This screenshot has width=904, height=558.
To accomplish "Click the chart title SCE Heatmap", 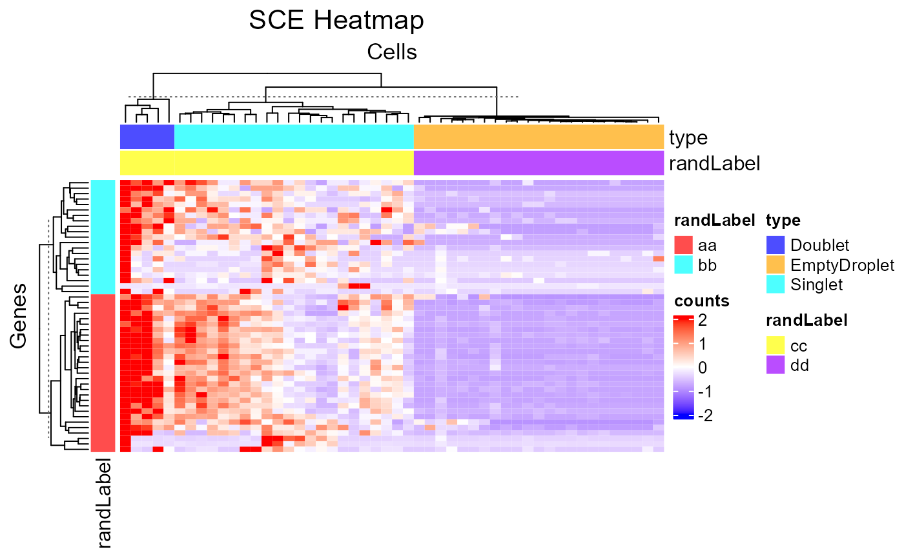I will pyautogui.click(x=336, y=21).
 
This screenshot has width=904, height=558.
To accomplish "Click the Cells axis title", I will pyautogui.click(x=392, y=52).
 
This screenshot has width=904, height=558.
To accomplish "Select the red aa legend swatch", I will pyautogui.click(x=683, y=245).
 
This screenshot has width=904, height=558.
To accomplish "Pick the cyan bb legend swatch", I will pyautogui.click(x=683, y=264).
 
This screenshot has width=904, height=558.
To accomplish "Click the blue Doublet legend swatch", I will pyautogui.click(x=776, y=245).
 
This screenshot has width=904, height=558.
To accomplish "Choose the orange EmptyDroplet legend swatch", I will pyautogui.click(x=776, y=264).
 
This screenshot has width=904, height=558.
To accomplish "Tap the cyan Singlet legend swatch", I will pyautogui.click(x=776, y=284).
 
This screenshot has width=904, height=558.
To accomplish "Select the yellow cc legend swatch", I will pyautogui.click(x=776, y=345).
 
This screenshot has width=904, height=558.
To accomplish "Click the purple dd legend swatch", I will pyautogui.click(x=776, y=365).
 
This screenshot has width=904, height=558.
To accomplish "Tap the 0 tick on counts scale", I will pyautogui.click(x=701, y=368).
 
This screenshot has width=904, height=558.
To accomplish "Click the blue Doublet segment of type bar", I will pyautogui.click(x=147, y=137).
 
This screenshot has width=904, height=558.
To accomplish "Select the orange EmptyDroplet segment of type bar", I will pyautogui.click(x=539, y=137).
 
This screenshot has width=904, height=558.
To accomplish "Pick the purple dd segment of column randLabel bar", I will pyautogui.click(x=539, y=163).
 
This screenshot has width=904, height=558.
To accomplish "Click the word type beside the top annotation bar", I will pyautogui.click(x=688, y=137).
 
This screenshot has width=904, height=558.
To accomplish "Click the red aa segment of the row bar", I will pyautogui.click(x=103, y=372).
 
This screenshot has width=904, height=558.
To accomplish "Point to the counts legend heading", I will pyautogui.click(x=701, y=301).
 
